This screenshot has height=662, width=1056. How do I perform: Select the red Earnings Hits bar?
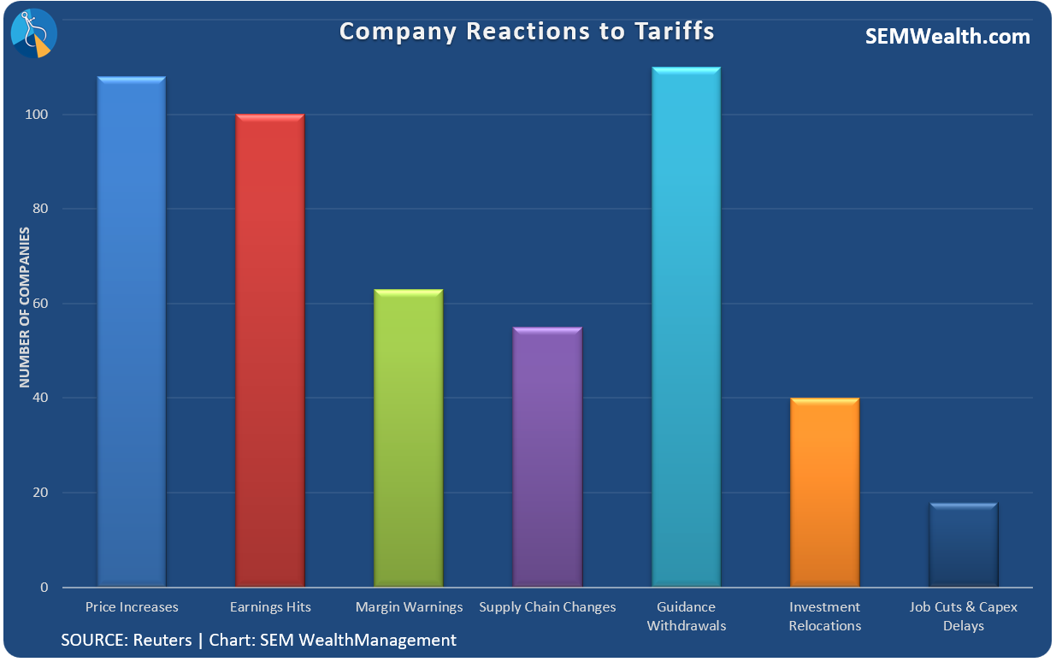[x=270, y=351]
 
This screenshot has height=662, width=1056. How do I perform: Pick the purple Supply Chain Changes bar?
[x=547, y=457]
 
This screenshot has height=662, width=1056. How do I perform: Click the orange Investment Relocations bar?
[x=824, y=493]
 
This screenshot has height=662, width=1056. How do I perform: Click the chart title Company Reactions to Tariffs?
[x=527, y=32]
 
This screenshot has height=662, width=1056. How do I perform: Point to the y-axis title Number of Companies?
[x=25, y=308]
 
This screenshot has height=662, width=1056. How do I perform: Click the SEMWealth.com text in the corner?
[x=947, y=37]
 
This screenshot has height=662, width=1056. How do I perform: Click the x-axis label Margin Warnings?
[x=409, y=607]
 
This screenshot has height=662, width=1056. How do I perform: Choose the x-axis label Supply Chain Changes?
[x=547, y=607]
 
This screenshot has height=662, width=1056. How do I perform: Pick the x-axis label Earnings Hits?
[x=270, y=607]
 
